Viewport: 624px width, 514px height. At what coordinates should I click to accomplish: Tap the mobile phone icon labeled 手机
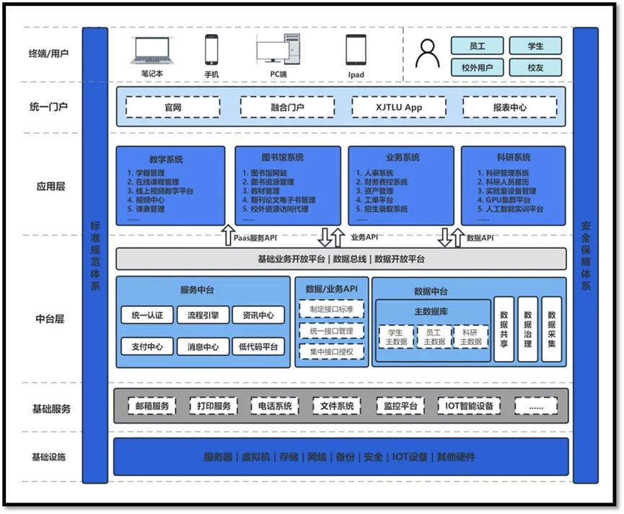(211, 51)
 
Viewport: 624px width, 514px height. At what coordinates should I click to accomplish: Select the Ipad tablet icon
(356, 51)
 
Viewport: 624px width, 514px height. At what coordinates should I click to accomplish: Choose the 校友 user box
(535, 67)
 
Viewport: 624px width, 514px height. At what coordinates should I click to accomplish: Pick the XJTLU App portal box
(398, 108)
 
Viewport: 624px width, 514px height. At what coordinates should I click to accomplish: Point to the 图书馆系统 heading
(282, 157)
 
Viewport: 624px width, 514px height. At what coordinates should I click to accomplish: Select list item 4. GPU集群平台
(509, 200)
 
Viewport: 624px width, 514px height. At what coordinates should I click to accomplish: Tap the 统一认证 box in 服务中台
(147, 315)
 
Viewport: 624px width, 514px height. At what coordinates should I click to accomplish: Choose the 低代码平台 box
(260, 347)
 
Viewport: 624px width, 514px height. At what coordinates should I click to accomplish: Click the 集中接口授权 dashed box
(332, 352)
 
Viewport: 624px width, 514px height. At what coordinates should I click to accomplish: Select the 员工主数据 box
(434, 336)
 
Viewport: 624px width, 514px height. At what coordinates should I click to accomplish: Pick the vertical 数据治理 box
(528, 329)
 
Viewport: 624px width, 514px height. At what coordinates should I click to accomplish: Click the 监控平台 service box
(401, 406)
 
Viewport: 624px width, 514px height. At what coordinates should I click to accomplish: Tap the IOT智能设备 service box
(470, 406)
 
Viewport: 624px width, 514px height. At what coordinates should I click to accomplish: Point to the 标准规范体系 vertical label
(95, 256)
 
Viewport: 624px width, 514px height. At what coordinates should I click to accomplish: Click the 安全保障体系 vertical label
(586, 256)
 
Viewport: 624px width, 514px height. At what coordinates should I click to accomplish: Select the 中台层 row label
(50, 318)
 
